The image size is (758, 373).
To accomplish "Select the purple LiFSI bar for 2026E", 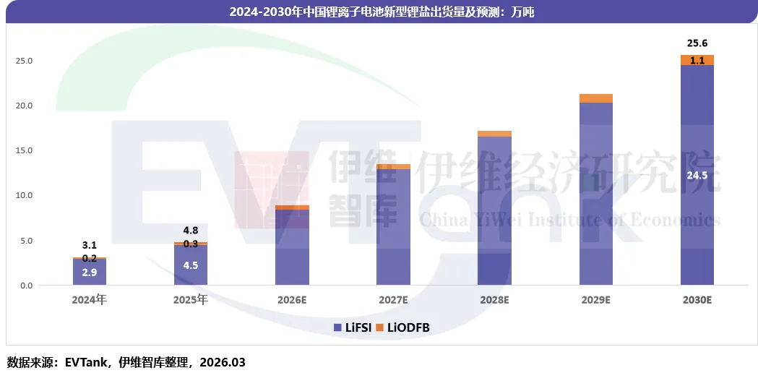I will [292, 247].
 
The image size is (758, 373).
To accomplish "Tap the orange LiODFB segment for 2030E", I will [697, 60].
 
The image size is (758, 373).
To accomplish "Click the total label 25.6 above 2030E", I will [697, 43].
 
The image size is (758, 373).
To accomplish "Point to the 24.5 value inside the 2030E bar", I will [697, 175].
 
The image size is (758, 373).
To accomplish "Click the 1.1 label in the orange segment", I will [697, 61].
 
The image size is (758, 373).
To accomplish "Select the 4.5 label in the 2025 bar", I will [191, 264].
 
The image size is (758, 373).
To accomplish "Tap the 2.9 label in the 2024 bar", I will [90, 272].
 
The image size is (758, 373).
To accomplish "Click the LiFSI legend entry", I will [353, 327].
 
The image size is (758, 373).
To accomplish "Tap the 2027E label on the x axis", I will [393, 299].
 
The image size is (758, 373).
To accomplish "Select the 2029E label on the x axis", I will [595, 299].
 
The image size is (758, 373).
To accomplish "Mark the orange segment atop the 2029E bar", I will [595, 98].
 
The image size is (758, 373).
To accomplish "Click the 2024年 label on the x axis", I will [90, 299].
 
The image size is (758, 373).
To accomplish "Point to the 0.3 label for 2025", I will [191, 244].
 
